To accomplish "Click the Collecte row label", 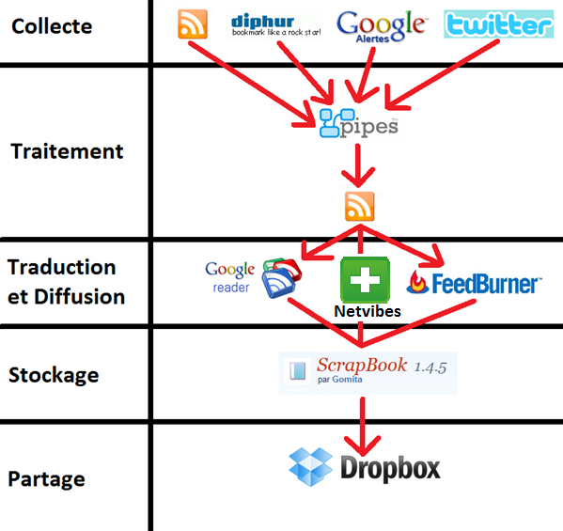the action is pos(52,26).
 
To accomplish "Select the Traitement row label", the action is pos(67,150).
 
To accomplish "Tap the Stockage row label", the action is pos(54,375).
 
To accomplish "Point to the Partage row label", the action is pos(46,479).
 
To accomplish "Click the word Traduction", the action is pos(61,267).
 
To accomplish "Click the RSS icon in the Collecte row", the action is pos(193,24).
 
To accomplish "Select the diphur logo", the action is pos(275,25).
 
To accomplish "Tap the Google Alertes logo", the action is pos(381,26).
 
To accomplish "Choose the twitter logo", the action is pos(499,24).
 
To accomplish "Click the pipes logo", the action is pos(359,123).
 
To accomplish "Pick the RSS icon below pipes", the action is pos(359,206).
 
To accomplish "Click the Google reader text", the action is pos(230,277).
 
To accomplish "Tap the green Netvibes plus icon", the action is pos(365,280).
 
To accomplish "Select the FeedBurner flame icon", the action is pos(417,282).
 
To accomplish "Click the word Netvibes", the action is pos(368,311).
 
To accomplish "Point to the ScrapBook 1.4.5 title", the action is pos(382,366).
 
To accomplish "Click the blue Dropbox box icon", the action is pos(310,467).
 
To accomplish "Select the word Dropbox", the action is pos(390,468).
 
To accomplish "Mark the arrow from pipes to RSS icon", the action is pos(358,165).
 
